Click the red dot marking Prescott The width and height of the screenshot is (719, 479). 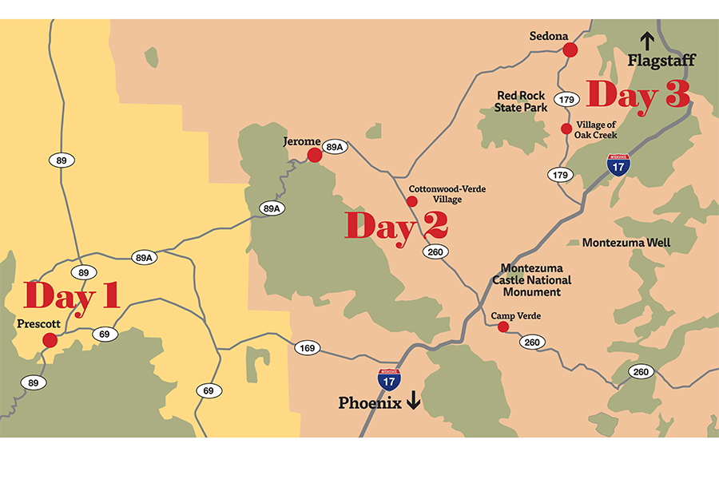(50, 340)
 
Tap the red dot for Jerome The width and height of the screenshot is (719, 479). (315, 155)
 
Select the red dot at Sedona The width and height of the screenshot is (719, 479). (570, 50)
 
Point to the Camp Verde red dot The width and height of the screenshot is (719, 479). (503, 327)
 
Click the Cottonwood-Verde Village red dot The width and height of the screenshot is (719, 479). (411, 201)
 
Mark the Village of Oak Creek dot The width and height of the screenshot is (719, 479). (566, 129)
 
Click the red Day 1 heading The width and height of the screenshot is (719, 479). (72, 295)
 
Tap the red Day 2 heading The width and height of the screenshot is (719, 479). (395, 226)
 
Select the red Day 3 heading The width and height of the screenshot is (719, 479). (638, 96)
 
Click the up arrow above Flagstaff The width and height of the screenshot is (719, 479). (647, 41)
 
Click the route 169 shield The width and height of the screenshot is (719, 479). (308, 347)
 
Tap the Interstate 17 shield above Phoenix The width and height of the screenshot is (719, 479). (389, 379)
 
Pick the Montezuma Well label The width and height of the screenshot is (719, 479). (626, 242)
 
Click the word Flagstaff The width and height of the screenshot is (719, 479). (661, 61)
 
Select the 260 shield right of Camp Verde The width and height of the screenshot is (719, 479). (533, 342)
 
